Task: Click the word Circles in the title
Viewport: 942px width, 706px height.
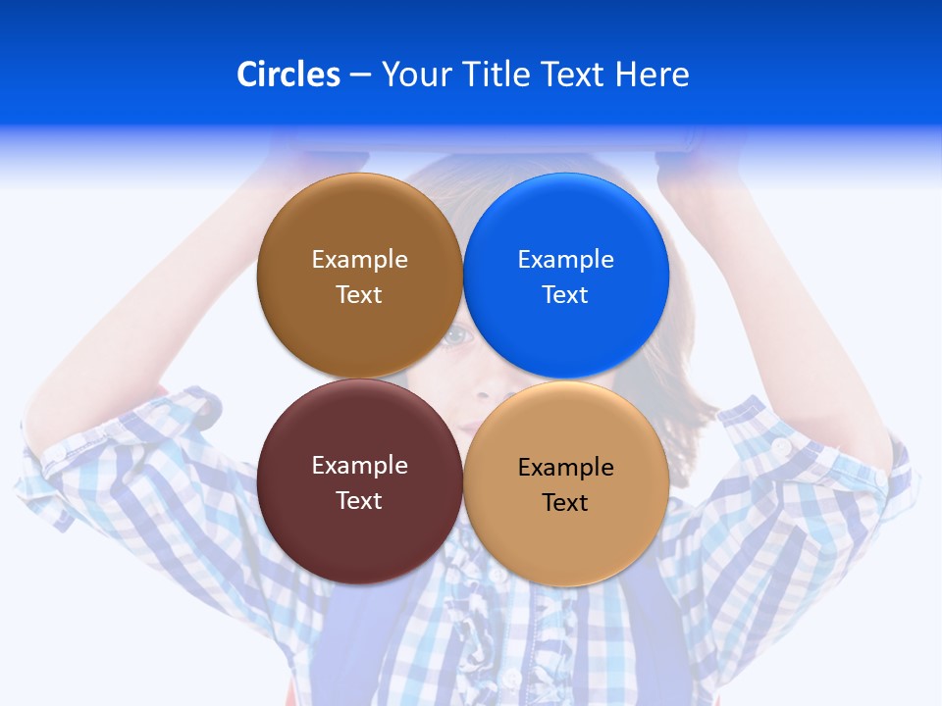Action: pos(288,75)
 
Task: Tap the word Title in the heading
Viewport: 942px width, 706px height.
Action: pos(497,75)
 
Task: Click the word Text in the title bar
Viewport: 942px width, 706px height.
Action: pos(574,75)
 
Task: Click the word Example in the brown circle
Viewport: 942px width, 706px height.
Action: pos(359,259)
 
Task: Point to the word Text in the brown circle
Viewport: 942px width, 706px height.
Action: pos(359,294)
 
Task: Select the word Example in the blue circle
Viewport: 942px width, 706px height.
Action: pos(566,259)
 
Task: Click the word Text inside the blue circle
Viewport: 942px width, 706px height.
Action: pos(566,294)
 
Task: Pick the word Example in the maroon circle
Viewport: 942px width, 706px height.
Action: pos(359,465)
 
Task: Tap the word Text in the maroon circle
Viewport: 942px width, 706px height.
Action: pos(359,500)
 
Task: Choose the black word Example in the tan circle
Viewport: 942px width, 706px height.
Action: pos(566,467)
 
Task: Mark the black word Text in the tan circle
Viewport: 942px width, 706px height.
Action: pos(566,502)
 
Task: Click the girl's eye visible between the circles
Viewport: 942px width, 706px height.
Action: pos(457,337)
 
